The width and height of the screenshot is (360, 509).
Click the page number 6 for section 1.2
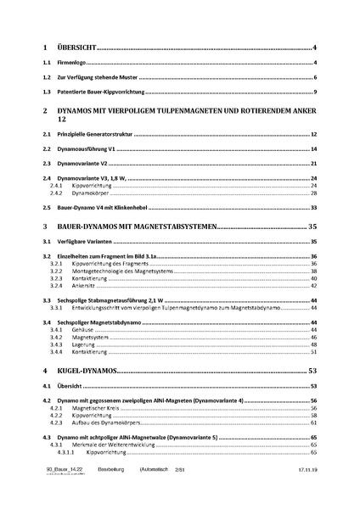(x=315, y=77)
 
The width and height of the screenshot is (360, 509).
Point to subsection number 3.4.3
(x=57, y=344)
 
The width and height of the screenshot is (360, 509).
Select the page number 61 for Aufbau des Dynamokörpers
(x=313, y=422)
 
